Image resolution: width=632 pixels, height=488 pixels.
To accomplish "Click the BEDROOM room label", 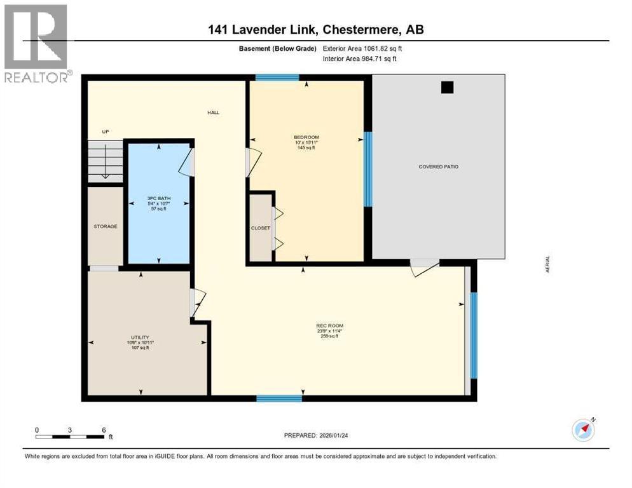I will tap(306, 137).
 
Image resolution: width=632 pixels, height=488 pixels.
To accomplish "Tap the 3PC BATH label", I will tap(158, 198).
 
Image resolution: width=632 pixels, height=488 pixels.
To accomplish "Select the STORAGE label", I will tap(105, 226).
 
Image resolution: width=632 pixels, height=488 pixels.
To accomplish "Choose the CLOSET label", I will tap(261, 228).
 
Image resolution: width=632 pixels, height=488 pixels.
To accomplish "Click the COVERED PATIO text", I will tap(438, 166).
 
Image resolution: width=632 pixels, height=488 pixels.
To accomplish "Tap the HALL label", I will tap(213, 112).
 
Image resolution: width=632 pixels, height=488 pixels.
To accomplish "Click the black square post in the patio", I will tap(447, 88).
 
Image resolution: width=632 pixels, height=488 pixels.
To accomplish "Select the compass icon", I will tap(583, 430).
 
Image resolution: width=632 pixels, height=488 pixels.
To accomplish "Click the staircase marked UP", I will tap(105, 162).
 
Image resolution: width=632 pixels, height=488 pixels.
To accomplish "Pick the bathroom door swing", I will tap(186, 161).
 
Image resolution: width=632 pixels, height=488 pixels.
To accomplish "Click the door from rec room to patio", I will tap(423, 268).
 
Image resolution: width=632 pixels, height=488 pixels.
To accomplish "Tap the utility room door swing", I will tap(198, 302).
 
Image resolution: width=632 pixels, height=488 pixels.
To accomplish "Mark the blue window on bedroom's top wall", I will tap(277, 78).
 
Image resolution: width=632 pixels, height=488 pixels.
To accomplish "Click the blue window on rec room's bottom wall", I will tap(278, 398).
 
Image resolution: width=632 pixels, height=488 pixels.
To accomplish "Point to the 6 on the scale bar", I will tap(104, 430).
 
